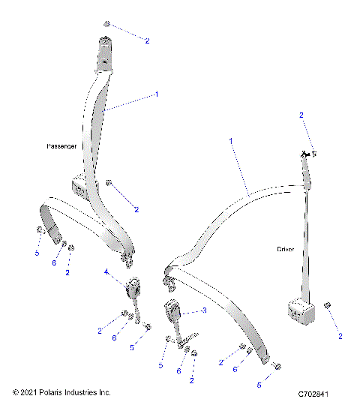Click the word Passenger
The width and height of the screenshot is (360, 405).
click(61, 147)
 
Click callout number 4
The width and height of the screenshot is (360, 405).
click(106, 271)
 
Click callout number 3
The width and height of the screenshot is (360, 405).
click(203, 310)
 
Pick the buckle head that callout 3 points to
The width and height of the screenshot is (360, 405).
click(172, 310)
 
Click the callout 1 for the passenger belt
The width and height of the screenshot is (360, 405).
click(157, 94)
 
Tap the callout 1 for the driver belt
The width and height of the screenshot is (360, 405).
click(231, 141)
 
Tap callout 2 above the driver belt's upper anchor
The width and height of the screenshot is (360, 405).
click(301, 115)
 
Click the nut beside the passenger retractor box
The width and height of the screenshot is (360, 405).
click(109, 182)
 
